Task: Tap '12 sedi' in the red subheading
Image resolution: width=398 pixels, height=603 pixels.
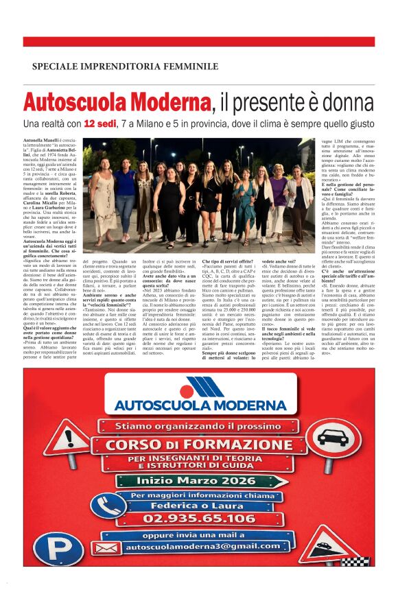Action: click(104, 124)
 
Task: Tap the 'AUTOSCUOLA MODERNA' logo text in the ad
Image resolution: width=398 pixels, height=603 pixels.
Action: click(200, 404)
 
